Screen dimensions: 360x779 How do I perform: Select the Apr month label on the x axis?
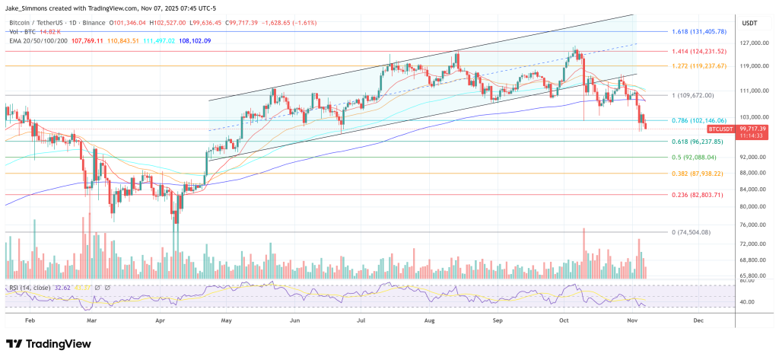(x=161, y=321)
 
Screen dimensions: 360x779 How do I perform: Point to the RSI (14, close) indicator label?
(x=30, y=288)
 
